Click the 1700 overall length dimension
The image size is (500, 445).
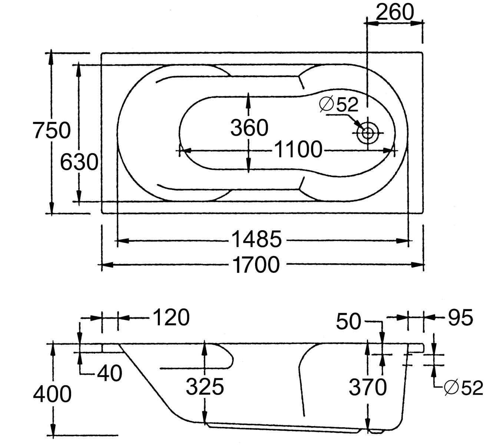256,265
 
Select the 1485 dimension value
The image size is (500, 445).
256,239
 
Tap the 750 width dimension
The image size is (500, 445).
52,130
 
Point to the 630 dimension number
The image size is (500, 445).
79,162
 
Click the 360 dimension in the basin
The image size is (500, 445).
249,128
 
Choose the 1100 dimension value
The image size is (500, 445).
298,150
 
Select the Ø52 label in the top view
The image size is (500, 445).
339,105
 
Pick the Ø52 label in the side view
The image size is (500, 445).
463,388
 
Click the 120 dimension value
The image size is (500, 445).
171,317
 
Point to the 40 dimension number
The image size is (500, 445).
109,373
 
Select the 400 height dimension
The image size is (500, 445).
52,394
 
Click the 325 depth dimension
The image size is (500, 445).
205,387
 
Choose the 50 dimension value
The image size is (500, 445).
348,321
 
